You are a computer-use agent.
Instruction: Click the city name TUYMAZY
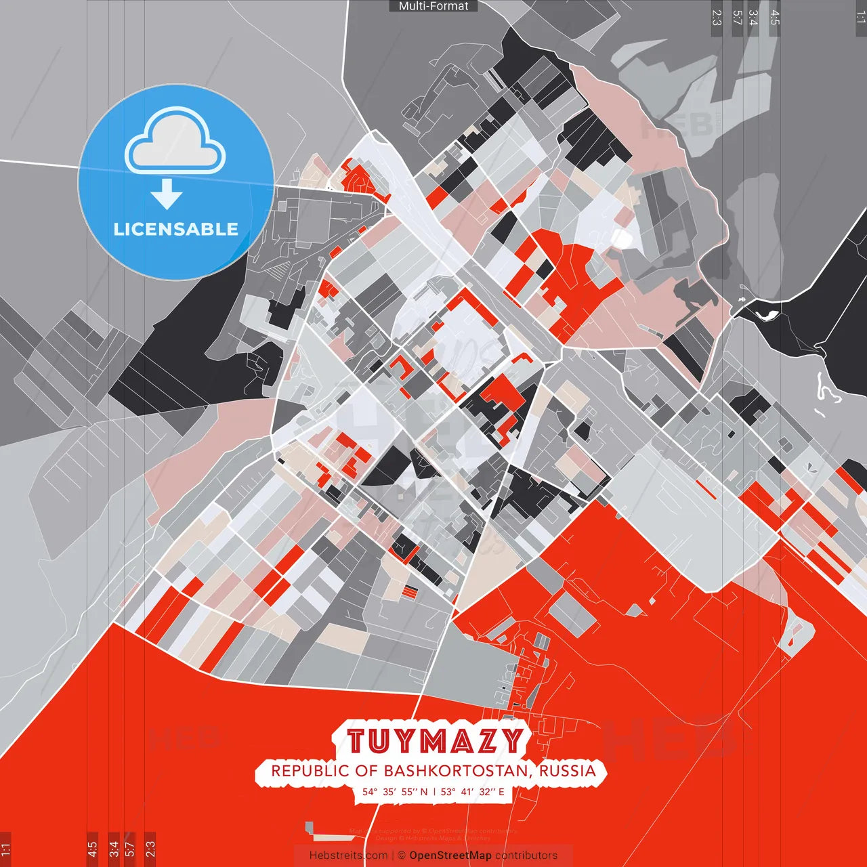(x=435, y=740)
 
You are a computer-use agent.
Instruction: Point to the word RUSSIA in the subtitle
(x=568, y=771)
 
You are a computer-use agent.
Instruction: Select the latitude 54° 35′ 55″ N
(x=395, y=791)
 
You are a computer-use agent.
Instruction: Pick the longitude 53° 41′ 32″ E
(x=472, y=791)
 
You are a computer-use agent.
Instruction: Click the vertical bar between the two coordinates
(x=433, y=791)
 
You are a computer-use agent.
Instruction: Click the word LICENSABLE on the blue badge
(x=176, y=229)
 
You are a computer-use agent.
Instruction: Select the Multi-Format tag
(x=433, y=6)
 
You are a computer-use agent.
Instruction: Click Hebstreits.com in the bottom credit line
(x=348, y=855)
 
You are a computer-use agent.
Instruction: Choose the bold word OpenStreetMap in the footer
(x=450, y=855)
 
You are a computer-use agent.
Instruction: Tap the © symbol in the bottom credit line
(x=402, y=855)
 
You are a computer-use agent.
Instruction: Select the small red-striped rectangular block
(x=410, y=591)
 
